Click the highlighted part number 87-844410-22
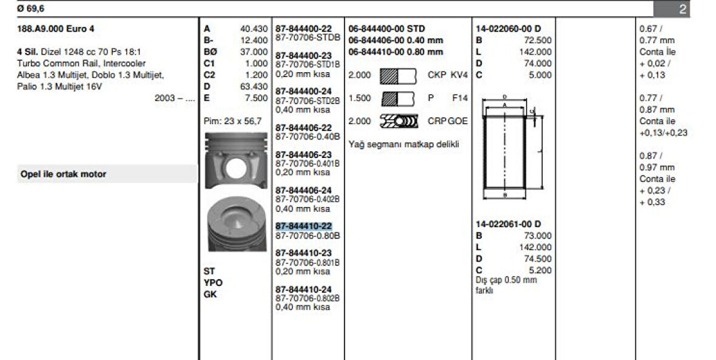point(304,226)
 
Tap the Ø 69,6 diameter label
point(31,9)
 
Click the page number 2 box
point(683,9)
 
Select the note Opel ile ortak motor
point(63,174)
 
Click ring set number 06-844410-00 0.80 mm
point(396,52)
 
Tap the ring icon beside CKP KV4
point(398,75)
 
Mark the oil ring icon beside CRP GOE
point(398,121)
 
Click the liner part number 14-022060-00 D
point(508,29)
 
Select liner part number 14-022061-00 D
point(508,224)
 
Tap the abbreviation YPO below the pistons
point(213,282)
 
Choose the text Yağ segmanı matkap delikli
point(404,144)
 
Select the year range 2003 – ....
point(175,98)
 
